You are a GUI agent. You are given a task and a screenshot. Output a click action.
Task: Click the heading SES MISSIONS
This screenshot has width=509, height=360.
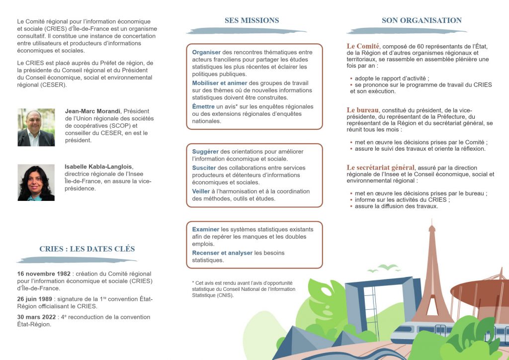252,20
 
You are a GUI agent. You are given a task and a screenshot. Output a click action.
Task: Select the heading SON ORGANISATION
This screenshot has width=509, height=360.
422,20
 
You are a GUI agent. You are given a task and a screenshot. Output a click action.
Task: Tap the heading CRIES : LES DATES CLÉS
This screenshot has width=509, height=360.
87,249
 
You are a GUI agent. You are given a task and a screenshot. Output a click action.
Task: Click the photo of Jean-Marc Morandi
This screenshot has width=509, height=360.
36,127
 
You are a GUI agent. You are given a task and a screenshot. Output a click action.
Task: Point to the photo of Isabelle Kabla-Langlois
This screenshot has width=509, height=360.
36,182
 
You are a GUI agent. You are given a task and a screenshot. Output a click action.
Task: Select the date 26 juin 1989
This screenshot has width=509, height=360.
35,299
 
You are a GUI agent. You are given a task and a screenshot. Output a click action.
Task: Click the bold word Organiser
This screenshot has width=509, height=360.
206,52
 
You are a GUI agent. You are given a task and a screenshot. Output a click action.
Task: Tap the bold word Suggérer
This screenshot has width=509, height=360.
205,151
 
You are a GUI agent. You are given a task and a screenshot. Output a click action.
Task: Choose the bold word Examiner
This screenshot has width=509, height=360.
205,229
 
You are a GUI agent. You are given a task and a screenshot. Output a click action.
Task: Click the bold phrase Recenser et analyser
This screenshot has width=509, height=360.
222,253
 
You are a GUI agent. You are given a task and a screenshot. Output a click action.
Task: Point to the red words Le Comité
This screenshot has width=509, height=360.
363,46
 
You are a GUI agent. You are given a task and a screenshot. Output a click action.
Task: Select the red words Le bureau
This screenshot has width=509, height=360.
363,109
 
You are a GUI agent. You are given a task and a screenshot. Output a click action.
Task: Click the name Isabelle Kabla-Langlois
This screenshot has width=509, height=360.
99,167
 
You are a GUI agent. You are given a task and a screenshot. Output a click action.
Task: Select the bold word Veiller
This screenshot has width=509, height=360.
201,191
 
